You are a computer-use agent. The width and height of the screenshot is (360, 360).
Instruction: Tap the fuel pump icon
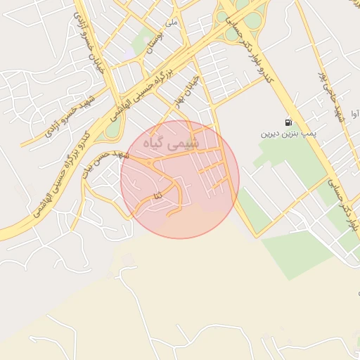289,122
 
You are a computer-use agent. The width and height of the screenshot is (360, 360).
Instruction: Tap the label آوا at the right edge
354,112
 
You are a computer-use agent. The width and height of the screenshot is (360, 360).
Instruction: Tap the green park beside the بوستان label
144,39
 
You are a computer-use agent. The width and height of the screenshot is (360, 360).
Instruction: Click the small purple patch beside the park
129,53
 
